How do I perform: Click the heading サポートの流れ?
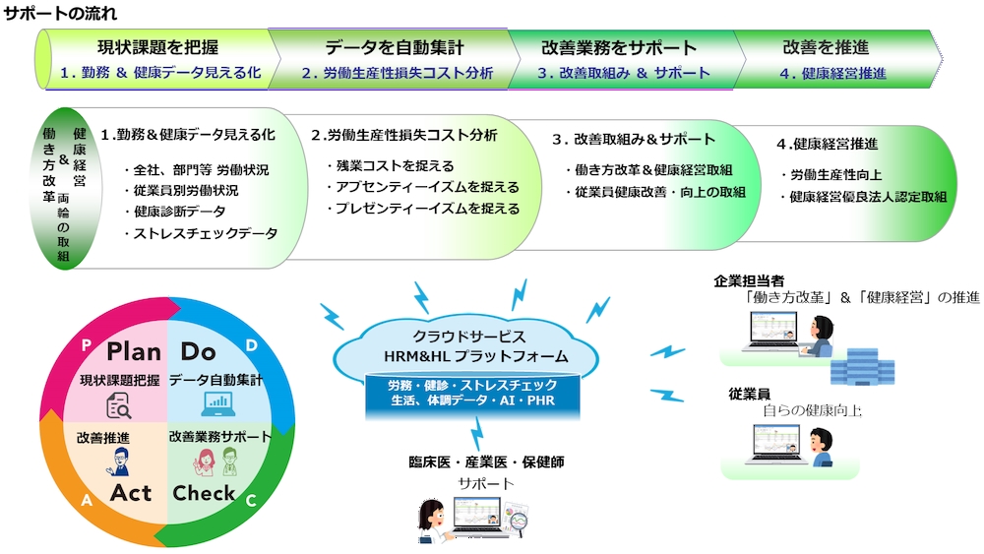[61, 13]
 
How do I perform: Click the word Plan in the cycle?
[134, 351]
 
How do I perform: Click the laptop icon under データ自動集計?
[218, 403]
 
